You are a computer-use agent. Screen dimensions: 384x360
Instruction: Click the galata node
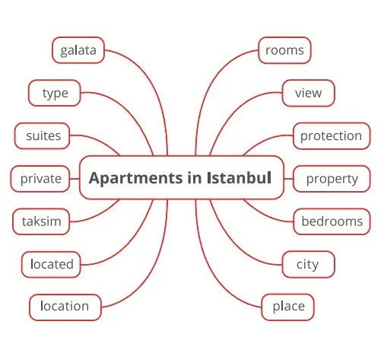pos(78,50)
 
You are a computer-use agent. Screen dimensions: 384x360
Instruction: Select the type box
pos(55,93)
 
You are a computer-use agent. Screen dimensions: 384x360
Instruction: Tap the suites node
pos(42,135)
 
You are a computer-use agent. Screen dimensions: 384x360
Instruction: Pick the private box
pos(40,179)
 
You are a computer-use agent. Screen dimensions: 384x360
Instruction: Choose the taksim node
pos(41,221)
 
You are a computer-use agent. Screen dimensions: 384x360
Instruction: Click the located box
pos(51,264)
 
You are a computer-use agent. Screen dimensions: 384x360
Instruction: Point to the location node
pos(65,307)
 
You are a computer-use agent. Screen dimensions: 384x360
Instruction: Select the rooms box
pos(284,50)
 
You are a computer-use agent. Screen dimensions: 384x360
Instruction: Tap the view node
pos(309,93)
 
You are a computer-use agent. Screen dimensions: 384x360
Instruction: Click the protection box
pos(332,135)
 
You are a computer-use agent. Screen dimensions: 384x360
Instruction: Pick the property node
pos(332,179)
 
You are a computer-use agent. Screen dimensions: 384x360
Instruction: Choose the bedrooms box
pos(332,221)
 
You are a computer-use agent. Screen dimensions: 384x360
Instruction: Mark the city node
pos(309,264)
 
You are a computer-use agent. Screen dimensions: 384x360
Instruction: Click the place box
pos(287,307)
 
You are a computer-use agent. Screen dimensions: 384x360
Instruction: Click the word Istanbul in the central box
pos(239,177)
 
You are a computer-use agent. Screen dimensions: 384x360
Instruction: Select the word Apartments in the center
pos(135,178)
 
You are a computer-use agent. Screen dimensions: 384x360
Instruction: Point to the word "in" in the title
pos(195,177)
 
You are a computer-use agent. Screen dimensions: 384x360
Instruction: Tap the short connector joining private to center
pos(75,179)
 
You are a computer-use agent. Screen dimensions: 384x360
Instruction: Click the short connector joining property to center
pos(288,179)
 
